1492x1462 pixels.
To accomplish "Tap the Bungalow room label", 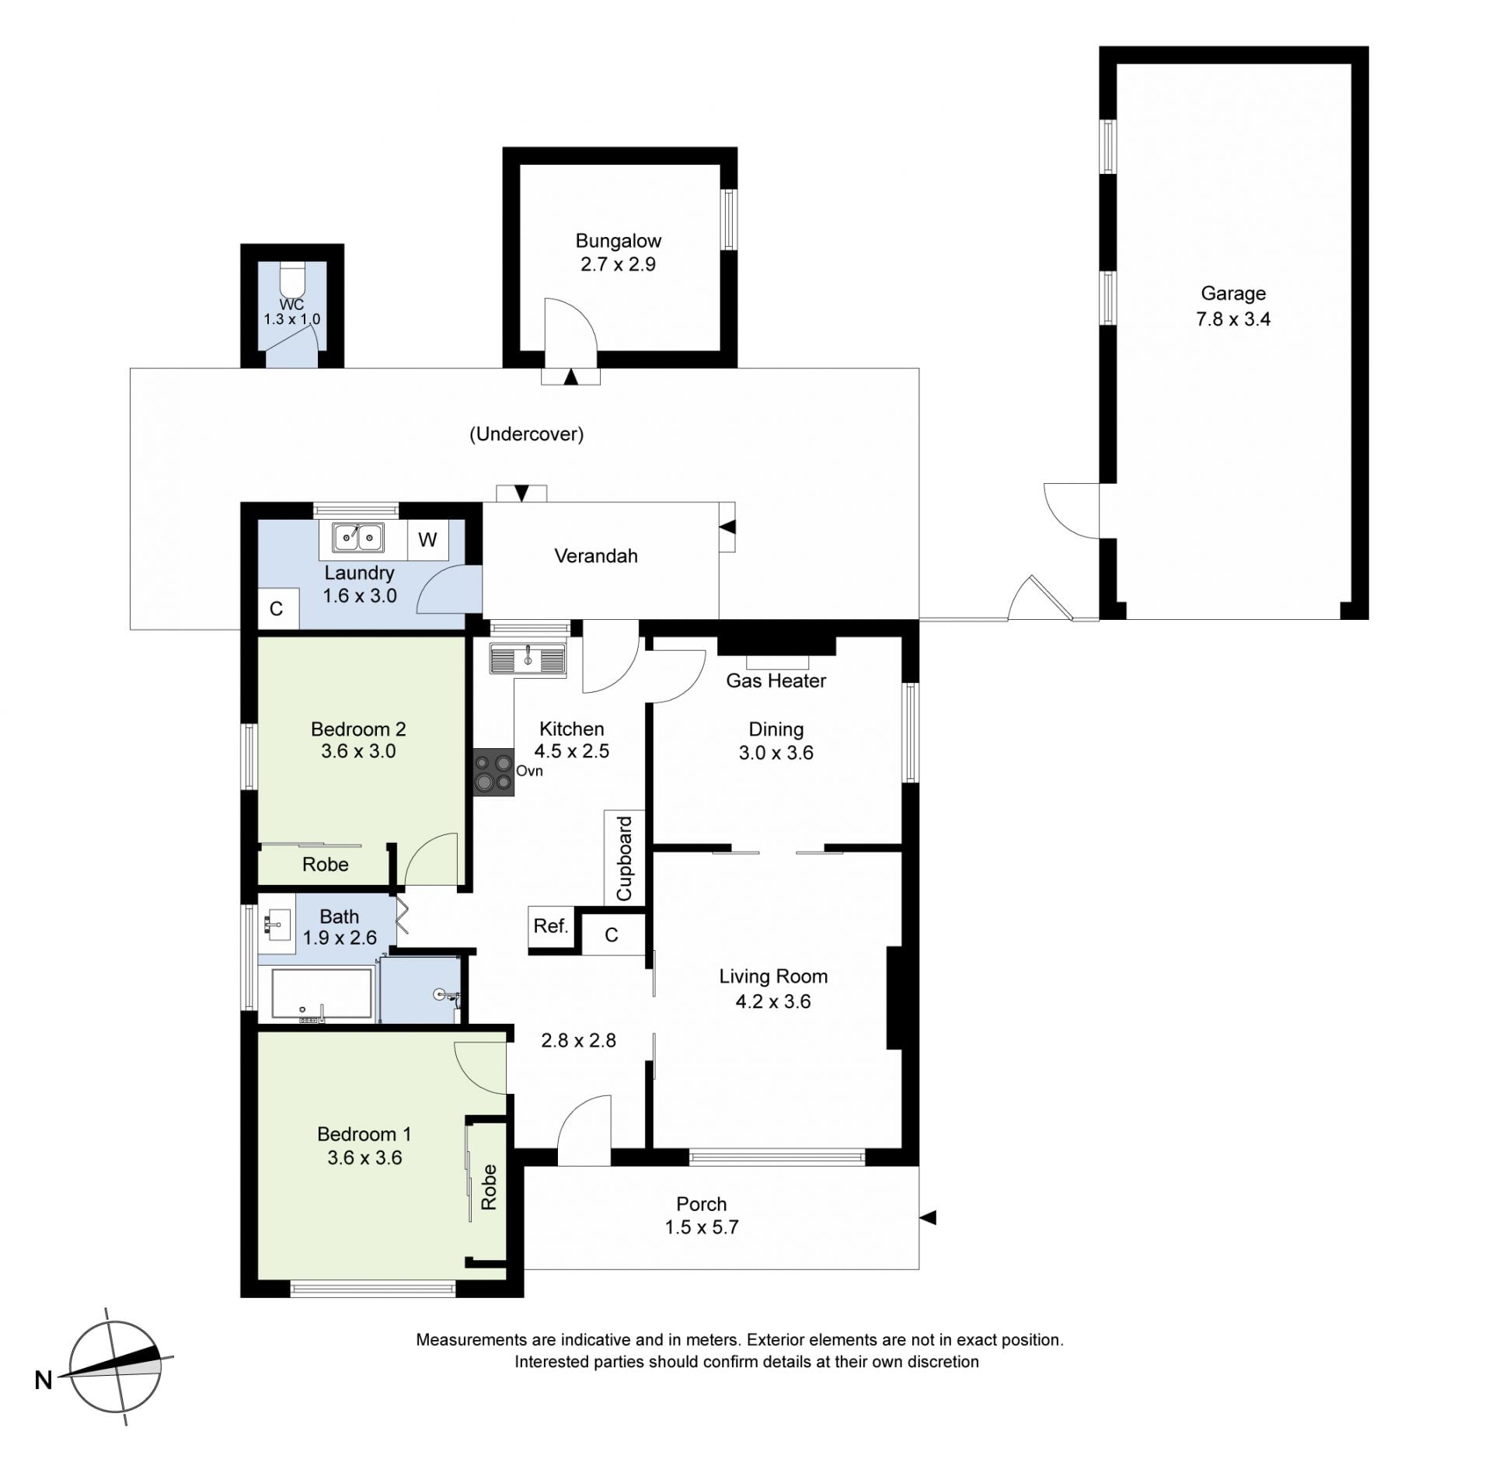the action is pyautogui.click(x=619, y=241).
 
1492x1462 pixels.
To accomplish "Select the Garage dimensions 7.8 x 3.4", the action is pyautogui.click(x=1233, y=319).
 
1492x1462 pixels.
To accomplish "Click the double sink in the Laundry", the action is pyautogui.click(x=357, y=537).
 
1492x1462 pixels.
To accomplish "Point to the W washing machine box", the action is pyautogui.click(x=427, y=540).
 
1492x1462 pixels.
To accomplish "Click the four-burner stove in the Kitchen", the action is pyautogui.click(x=494, y=771).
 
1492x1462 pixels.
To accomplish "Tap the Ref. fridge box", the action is pyautogui.click(x=551, y=926).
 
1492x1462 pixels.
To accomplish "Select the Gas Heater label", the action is pyautogui.click(x=776, y=681).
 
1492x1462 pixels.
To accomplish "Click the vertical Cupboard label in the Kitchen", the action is pyautogui.click(x=624, y=858).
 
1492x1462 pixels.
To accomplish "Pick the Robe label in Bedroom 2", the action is pyautogui.click(x=326, y=865).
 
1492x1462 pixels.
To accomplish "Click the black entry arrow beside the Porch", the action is pyautogui.click(x=928, y=1217).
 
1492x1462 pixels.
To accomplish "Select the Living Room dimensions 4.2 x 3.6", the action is pyautogui.click(x=773, y=1001).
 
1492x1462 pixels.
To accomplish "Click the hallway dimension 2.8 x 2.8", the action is pyautogui.click(x=579, y=1040).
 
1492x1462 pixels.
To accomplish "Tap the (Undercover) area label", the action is pyautogui.click(x=527, y=434).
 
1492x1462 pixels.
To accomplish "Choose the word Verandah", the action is pyautogui.click(x=596, y=556).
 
